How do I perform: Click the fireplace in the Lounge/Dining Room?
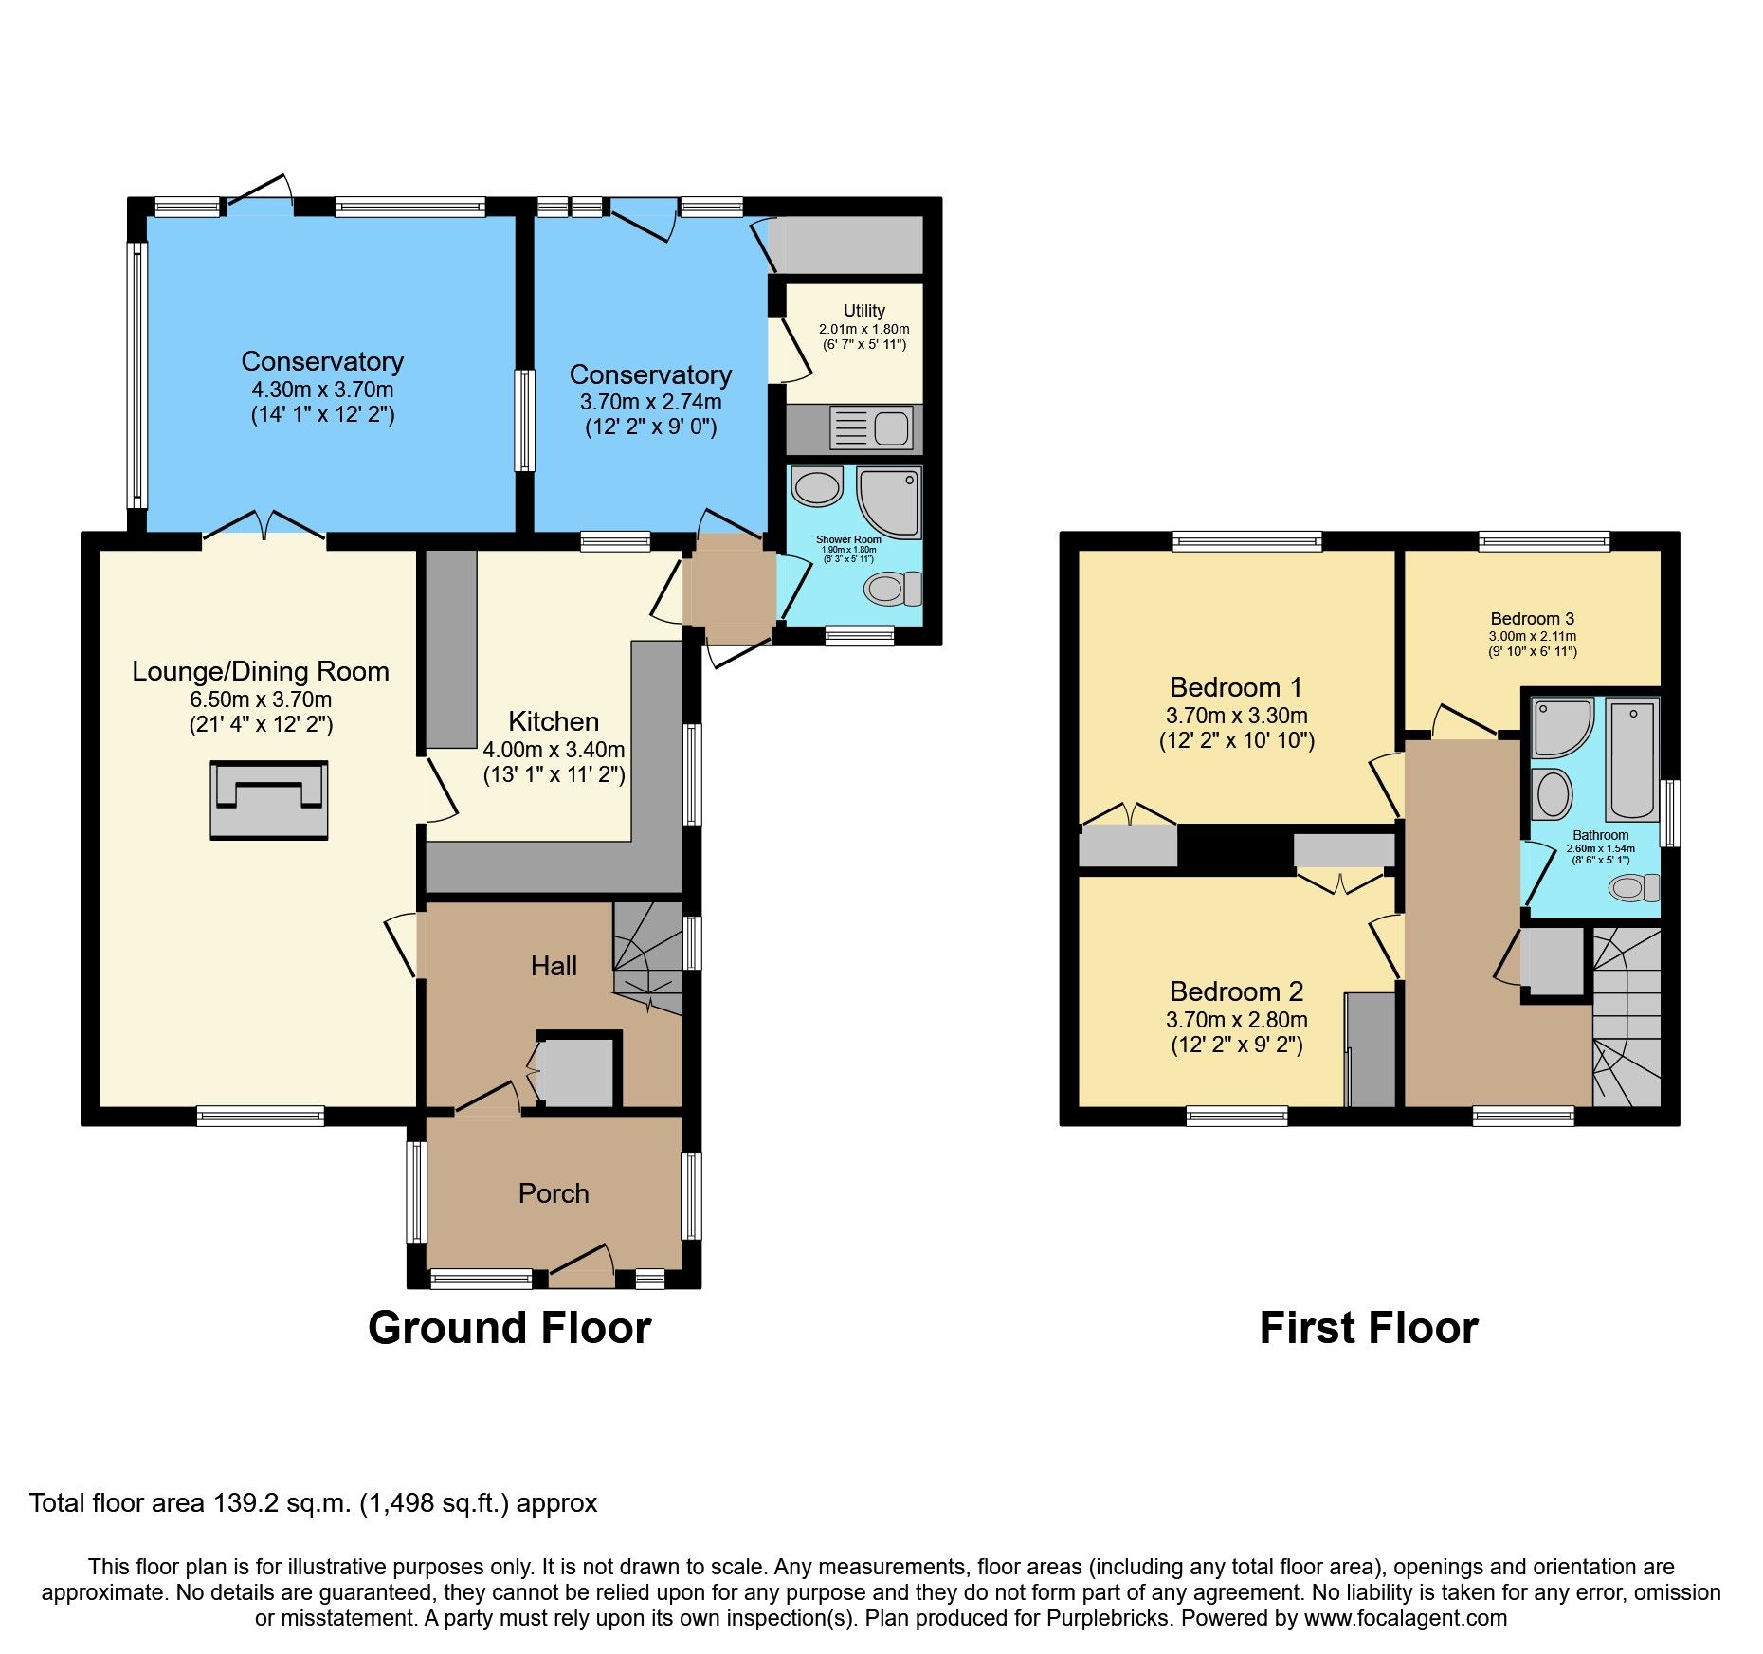(x=268, y=800)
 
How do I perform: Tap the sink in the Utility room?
(x=871, y=427)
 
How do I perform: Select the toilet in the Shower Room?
(x=891, y=589)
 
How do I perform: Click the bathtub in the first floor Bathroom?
(x=1631, y=759)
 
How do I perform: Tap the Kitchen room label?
(x=554, y=721)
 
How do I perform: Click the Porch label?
(x=554, y=1193)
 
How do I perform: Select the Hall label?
(x=554, y=966)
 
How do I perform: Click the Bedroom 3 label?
(x=1532, y=619)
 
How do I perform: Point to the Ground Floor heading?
(x=509, y=1328)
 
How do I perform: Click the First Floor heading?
(x=1368, y=1328)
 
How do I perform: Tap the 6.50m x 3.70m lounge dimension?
(x=261, y=700)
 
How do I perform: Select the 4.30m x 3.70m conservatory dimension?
(x=322, y=390)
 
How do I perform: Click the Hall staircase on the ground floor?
(x=648, y=957)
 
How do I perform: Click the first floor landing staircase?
(x=1627, y=1019)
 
